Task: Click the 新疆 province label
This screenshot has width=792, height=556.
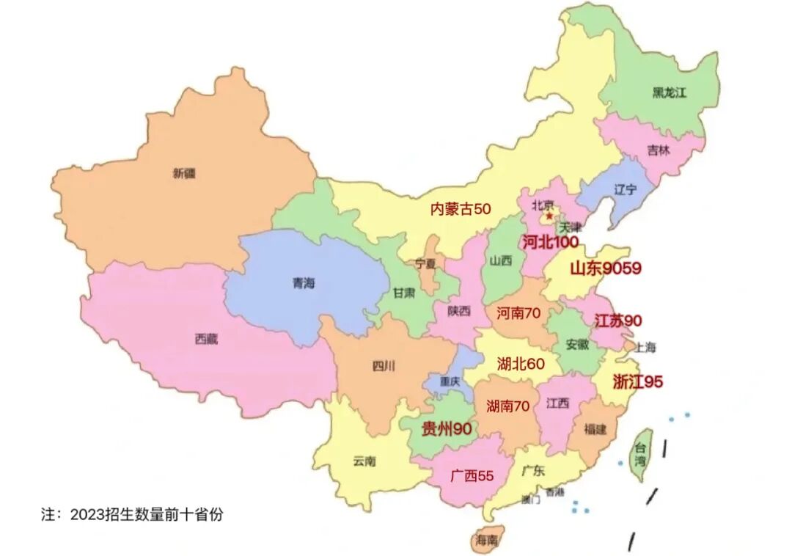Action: [x=185, y=174]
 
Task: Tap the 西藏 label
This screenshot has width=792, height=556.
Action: [x=207, y=339]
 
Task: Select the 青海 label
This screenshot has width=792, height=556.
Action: [x=303, y=283]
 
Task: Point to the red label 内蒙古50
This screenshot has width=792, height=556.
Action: [x=460, y=209]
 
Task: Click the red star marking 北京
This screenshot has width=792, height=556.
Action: [x=549, y=216]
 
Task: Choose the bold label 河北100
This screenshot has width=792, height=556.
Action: [x=550, y=242]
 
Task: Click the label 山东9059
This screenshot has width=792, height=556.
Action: [x=605, y=268]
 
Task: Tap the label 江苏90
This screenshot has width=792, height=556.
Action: [x=617, y=321]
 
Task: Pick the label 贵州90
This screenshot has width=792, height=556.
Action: [x=445, y=429]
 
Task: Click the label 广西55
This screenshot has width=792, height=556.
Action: [x=472, y=475]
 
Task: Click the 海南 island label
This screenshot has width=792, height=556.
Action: [x=486, y=541]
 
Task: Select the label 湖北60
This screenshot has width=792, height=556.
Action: [x=521, y=363]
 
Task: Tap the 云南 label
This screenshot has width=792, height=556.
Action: [x=364, y=461]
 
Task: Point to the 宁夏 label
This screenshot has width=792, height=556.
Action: [x=425, y=263]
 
